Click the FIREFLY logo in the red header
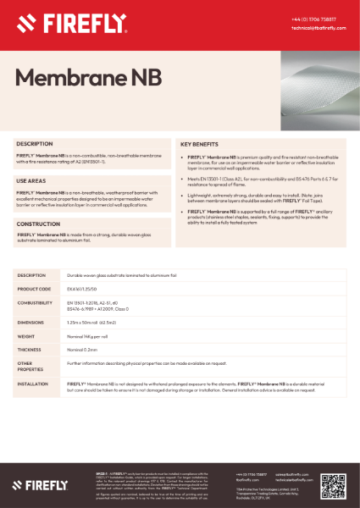tap(59, 21)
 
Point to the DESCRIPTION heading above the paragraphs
tap(35, 145)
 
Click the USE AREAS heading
tap(33, 181)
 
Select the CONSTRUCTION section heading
tap(38, 224)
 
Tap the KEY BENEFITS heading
tap(203, 145)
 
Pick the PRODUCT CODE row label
tap(35, 289)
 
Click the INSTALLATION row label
tap(34, 384)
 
